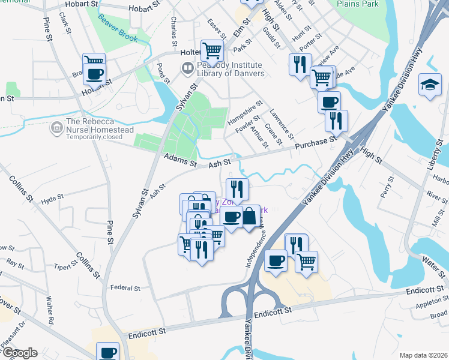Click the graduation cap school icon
tap(430, 84)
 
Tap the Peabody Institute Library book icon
tap(187, 68)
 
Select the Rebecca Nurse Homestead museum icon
tap(57, 127)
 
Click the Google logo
tap(19, 353)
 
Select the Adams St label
tap(179, 160)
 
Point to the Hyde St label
tap(52, 197)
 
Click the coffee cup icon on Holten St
tap(94, 74)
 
